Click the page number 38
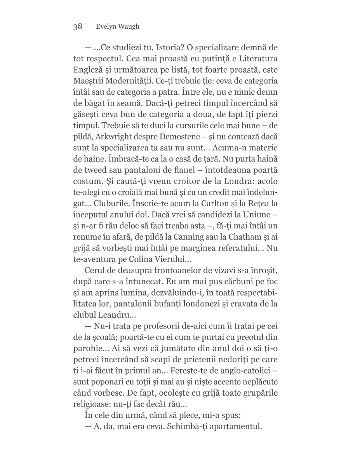(77, 26)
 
